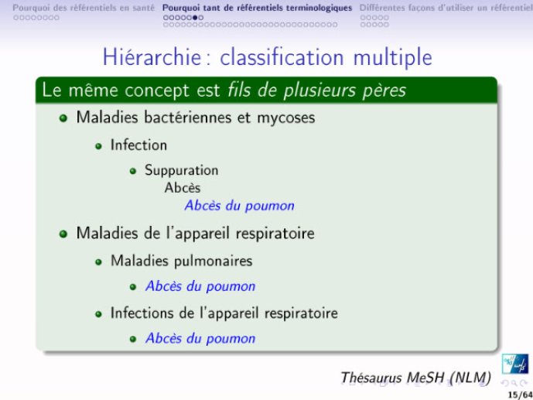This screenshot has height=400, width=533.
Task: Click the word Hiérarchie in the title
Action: click(152, 56)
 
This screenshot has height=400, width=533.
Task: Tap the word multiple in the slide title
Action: click(393, 58)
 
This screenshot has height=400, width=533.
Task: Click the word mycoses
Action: click(286, 118)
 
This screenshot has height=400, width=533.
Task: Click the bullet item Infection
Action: click(138, 145)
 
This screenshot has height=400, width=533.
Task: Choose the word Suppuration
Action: click(182, 171)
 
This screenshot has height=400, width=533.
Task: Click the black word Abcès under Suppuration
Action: click(183, 187)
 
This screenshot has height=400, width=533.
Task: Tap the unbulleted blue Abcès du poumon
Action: click(239, 206)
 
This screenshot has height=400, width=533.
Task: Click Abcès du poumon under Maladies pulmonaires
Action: click(200, 286)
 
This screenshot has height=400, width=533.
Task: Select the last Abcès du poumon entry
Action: click(200, 338)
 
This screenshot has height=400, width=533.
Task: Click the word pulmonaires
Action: click(214, 262)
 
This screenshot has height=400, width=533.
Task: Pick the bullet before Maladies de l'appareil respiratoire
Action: click(63, 234)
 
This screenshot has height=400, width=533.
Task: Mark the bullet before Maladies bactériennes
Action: click(63, 118)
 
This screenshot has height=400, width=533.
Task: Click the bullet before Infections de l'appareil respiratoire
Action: click(98, 314)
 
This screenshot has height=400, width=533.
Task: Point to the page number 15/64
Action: click(520, 395)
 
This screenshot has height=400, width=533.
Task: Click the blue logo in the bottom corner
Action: click(515, 364)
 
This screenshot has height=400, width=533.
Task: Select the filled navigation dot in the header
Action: click(195, 18)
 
